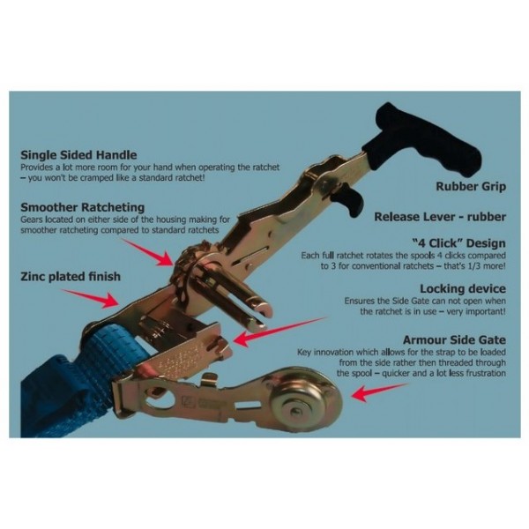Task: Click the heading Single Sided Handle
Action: tap(78, 155)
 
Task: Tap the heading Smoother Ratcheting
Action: tap(82, 207)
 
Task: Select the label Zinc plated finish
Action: tap(71, 277)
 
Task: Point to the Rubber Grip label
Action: tap(471, 187)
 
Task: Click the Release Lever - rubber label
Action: tap(440, 217)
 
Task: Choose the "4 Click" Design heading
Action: tap(458, 243)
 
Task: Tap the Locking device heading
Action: tap(463, 289)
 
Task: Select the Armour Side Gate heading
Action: tap(454, 339)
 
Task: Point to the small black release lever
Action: tap(350, 200)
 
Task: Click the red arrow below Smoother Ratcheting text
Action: tap(148, 252)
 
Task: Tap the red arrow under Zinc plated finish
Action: tap(90, 298)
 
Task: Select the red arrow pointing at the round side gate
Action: tap(379, 392)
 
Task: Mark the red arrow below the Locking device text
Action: tap(280, 332)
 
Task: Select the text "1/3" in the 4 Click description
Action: tap(472, 266)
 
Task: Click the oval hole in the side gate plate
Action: tap(160, 399)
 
